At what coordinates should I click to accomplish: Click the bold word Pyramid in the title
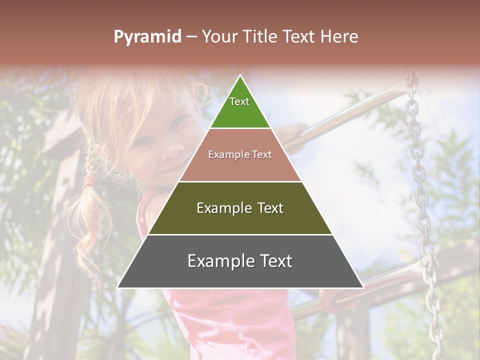point(147,36)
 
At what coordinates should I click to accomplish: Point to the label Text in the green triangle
point(239,101)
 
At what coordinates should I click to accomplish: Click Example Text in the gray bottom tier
point(240,261)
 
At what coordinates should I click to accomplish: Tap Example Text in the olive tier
point(240,208)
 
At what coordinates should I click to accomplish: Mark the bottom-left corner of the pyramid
point(118,287)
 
